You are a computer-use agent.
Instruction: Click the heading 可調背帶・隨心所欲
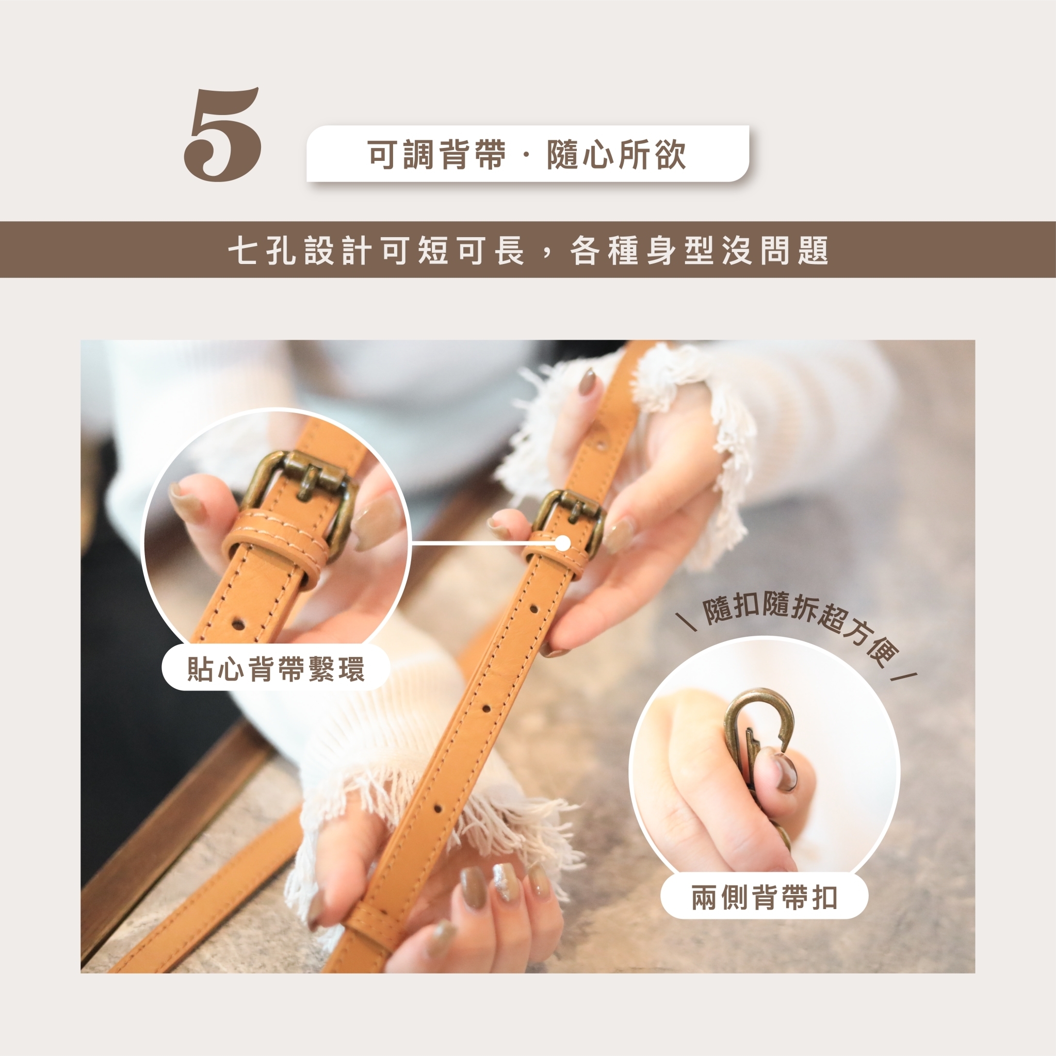527,154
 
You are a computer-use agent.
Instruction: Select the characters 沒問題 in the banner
775,251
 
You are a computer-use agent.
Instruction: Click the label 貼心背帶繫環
275,669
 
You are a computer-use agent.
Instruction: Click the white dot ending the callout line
563,543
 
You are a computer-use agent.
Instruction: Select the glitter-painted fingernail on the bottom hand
504,884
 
